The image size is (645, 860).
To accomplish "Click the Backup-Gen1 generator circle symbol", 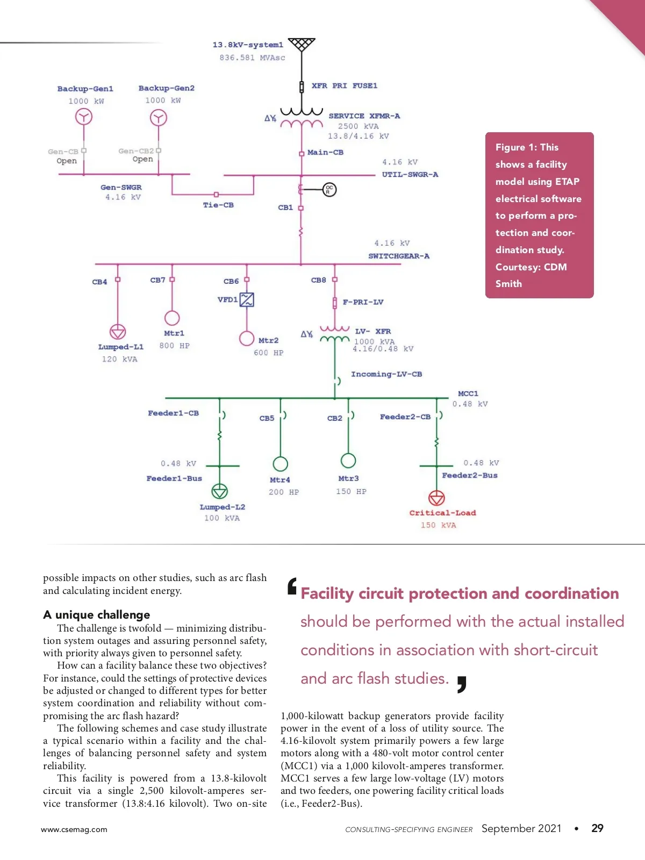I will coord(83,117).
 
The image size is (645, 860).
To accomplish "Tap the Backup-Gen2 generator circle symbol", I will coord(158,117).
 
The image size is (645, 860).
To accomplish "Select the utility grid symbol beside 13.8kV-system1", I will coord(302,44).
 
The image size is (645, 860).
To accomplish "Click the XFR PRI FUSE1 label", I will coord(344,85).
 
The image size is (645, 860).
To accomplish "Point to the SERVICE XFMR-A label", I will coord(364,116).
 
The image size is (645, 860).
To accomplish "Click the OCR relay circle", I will coord(329,189).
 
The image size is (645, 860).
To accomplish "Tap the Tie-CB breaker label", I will coord(218,205).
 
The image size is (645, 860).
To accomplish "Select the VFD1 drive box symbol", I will coord(247,299).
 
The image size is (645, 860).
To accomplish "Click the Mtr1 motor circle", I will coord(172,318).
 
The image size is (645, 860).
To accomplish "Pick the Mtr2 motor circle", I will coord(247,338).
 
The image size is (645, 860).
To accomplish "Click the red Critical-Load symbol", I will coord(436,498).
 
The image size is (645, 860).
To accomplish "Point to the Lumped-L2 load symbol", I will coord(219,491).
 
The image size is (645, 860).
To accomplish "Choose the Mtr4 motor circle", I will coord(280,463).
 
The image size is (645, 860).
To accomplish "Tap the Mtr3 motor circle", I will coord(348,461).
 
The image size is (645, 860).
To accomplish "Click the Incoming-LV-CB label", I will coord(386,374).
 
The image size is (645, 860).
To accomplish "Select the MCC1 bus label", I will coord(468,393).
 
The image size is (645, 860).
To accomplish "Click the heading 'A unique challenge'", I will coord(97,614).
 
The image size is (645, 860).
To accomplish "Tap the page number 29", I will coord(597,828).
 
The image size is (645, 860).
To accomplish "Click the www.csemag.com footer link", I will coord(74,829).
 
